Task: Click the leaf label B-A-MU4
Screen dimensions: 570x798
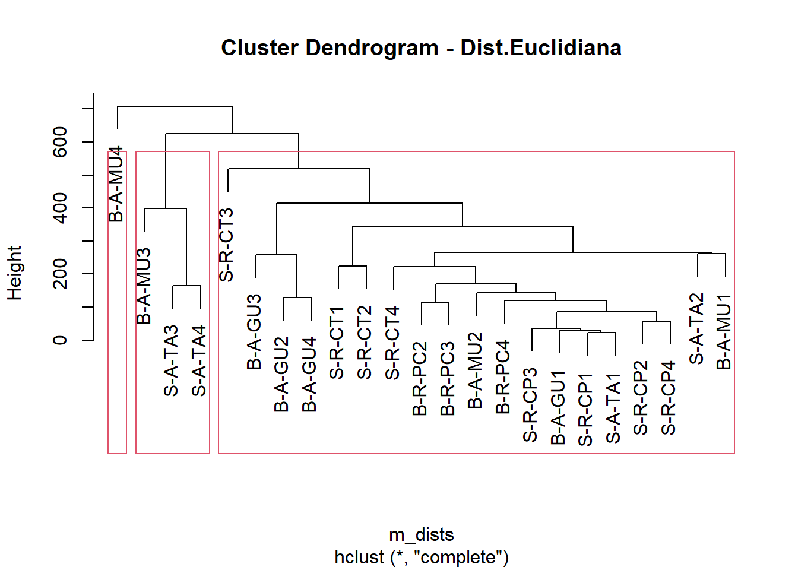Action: (117, 184)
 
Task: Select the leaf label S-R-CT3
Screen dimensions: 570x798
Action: (227, 245)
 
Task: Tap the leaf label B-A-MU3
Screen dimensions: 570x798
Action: (144, 286)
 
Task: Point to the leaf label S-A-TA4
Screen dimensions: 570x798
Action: (199, 360)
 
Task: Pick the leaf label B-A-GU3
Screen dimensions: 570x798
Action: (254, 331)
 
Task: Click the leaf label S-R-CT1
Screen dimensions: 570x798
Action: (337, 343)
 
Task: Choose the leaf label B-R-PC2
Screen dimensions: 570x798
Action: (420, 378)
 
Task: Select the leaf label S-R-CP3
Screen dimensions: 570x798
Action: (530, 405)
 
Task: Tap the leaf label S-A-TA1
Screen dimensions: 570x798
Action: (613, 408)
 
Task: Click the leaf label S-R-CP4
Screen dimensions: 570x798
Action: (669, 398)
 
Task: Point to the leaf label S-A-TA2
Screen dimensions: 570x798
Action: (696, 328)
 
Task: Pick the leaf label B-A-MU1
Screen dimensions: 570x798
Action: (724, 331)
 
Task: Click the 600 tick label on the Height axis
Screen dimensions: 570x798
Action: (60, 142)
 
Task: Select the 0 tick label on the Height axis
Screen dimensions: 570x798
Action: (60, 340)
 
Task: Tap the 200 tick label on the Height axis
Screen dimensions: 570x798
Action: (60, 274)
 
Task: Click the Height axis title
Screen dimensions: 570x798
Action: (14, 273)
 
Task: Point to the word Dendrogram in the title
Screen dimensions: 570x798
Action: (372, 48)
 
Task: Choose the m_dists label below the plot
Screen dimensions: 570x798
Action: (422, 535)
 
